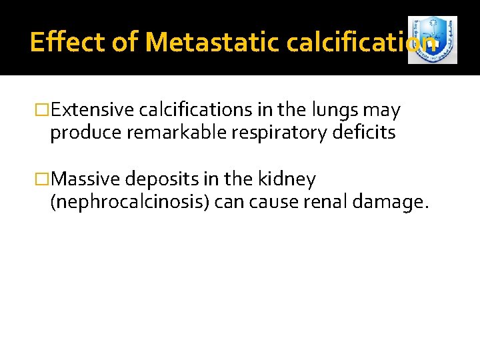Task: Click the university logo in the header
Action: point(432,41)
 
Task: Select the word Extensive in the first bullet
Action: point(93,110)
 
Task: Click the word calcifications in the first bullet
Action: point(186,110)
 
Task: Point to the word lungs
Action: point(321,110)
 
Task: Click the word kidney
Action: point(291,179)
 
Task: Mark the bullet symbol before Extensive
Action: point(44,110)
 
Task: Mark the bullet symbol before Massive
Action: point(44,179)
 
